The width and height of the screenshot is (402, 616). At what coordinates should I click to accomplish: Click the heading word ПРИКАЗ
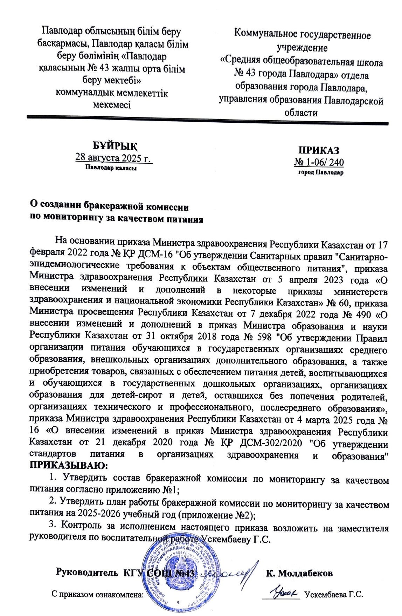click(318, 150)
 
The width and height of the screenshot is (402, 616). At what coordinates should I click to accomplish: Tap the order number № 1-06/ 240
click(319, 162)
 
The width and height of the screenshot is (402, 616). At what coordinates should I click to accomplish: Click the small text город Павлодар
click(320, 172)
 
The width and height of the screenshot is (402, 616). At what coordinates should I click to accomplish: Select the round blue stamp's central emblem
click(174, 569)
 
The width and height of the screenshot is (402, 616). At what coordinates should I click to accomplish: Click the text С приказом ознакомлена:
click(98, 595)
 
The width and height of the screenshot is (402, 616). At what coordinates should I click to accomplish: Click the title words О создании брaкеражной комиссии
click(109, 207)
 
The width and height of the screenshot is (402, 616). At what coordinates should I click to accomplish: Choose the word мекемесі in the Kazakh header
click(111, 104)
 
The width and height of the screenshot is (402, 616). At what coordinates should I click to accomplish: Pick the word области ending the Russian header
click(301, 113)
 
